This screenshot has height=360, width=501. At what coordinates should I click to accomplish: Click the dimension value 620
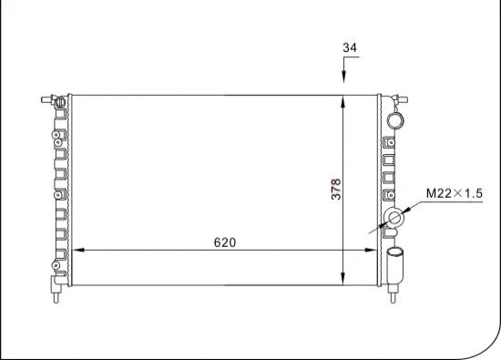point(225,242)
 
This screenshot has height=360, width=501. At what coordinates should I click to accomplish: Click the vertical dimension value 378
point(336,189)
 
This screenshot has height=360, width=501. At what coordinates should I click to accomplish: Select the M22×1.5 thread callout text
point(454,193)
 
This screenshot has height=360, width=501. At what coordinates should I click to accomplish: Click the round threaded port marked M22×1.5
point(394,219)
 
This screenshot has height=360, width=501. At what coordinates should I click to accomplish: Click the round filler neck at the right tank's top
point(395,119)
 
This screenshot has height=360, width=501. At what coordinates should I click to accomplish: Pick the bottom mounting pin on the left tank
point(56,296)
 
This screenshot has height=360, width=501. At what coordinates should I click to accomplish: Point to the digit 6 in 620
point(218,242)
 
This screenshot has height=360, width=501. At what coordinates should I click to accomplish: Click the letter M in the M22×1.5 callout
point(432,193)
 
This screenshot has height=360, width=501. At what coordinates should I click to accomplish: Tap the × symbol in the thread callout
point(458,193)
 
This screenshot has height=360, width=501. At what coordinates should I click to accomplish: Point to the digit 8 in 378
point(336,181)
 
